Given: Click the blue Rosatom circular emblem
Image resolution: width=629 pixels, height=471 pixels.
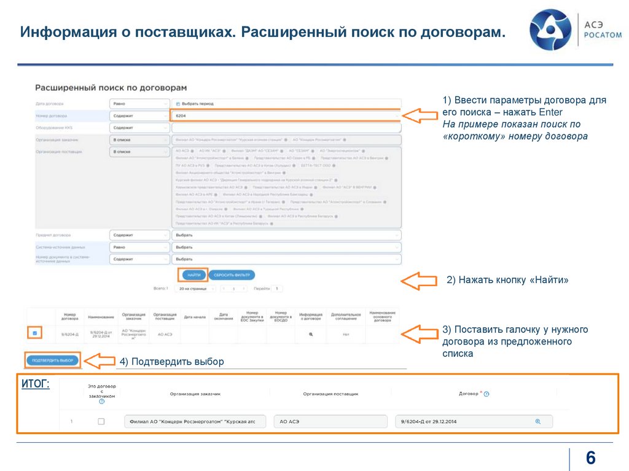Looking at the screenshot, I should (550, 29).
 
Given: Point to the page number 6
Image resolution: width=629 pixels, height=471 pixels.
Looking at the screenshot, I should (591, 458).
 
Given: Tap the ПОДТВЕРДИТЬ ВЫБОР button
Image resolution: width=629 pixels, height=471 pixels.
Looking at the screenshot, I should (52, 360).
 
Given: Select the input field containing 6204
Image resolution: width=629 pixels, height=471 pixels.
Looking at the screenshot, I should (286, 115).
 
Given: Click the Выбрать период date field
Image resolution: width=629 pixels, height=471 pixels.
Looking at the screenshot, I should (286, 104).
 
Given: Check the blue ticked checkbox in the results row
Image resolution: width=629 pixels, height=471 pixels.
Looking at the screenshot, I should (35, 333).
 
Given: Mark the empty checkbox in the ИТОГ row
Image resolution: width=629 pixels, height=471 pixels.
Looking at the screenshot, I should (101, 421).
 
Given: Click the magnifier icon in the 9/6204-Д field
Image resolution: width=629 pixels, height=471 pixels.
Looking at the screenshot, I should (537, 421).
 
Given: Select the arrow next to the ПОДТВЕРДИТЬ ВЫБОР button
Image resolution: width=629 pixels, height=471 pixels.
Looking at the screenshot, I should (100, 360).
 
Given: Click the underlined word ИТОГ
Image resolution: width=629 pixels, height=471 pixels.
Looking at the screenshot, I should (36, 384).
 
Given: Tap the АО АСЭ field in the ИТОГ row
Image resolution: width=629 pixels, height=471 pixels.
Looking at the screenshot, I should (330, 421).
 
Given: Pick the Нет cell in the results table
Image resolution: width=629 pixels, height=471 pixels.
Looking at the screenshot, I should (346, 334).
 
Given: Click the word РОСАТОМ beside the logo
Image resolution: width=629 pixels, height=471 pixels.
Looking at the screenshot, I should (602, 35).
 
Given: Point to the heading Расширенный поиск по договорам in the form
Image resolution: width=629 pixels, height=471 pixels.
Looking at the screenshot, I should (111, 88).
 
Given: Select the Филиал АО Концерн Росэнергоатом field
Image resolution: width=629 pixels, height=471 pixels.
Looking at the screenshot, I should (194, 421).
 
